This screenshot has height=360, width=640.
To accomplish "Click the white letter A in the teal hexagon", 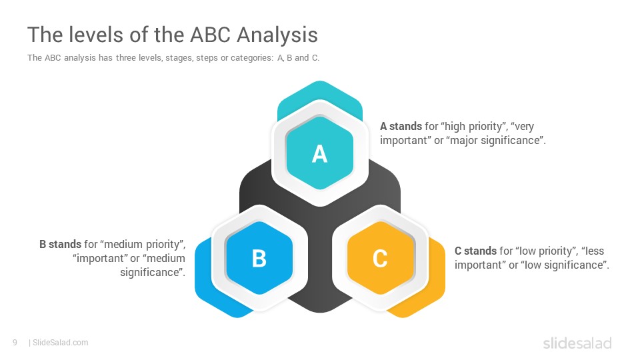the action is pyautogui.click(x=319, y=154).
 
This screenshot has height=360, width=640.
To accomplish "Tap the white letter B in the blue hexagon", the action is pyautogui.click(x=259, y=259).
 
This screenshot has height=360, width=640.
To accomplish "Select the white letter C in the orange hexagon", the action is pyautogui.click(x=380, y=259).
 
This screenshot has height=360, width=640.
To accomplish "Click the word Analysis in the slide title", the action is pyautogui.click(x=277, y=35).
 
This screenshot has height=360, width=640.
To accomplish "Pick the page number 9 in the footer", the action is pyautogui.click(x=15, y=343).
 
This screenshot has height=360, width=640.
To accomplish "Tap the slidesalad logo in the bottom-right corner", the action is pyautogui.click(x=577, y=343).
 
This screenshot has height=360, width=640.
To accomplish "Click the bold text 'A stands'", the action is pyautogui.click(x=401, y=126).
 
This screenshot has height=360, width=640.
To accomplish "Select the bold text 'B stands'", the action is pyautogui.click(x=61, y=244).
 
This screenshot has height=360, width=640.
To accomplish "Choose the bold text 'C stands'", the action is pyautogui.click(x=475, y=251).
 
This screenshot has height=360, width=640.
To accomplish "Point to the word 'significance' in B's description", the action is pyautogui.click(x=151, y=272).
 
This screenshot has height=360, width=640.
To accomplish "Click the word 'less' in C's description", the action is pyautogui.click(x=595, y=251).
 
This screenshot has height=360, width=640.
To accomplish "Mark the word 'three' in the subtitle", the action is pyautogui.click(x=126, y=57).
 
